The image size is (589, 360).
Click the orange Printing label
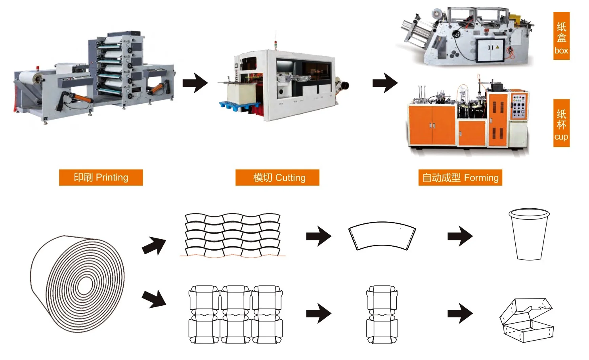pyautogui.click(x=101, y=178)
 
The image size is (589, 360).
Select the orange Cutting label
pyautogui.click(x=277, y=178)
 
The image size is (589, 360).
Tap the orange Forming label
pyautogui.click(x=461, y=178)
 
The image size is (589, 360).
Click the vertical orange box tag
pyautogui.click(x=561, y=36)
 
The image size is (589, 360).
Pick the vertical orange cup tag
pyautogui.click(x=561, y=123)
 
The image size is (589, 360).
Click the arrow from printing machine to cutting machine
pyautogui.click(x=195, y=83)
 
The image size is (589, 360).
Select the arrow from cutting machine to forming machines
pyautogui.click(x=385, y=83)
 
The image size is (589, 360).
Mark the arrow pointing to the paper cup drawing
pyautogui.click(x=460, y=236)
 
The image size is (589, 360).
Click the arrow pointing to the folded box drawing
pyautogui.click(x=460, y=313)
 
